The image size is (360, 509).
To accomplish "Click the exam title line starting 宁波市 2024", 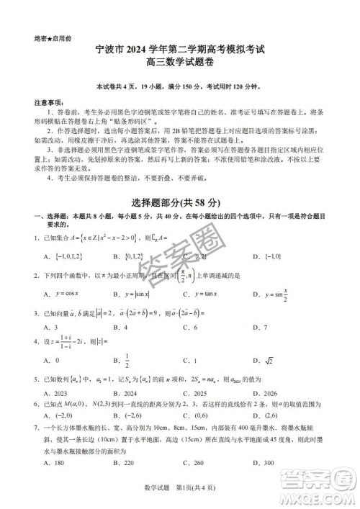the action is pyautogui.click(x=180, y=50).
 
